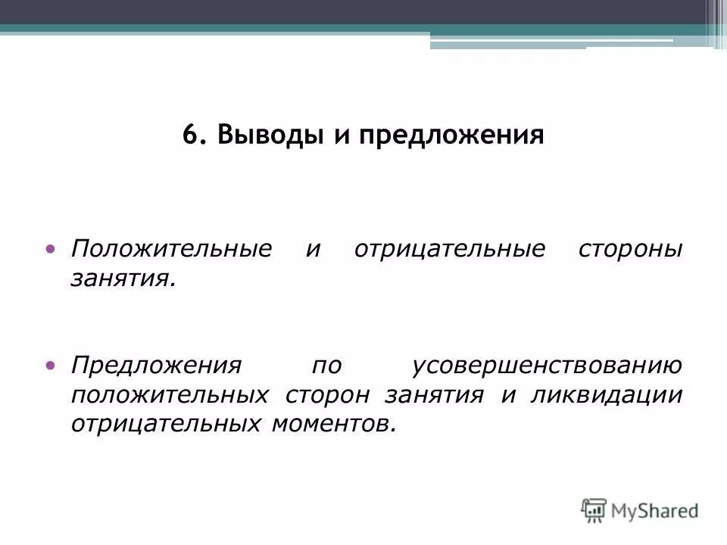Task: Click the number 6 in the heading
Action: point(190,135)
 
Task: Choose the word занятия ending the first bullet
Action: point(123,280)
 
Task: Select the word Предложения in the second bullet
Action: point(156,367)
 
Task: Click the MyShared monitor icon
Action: point(594,509)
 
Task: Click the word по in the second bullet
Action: point(326,367)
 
